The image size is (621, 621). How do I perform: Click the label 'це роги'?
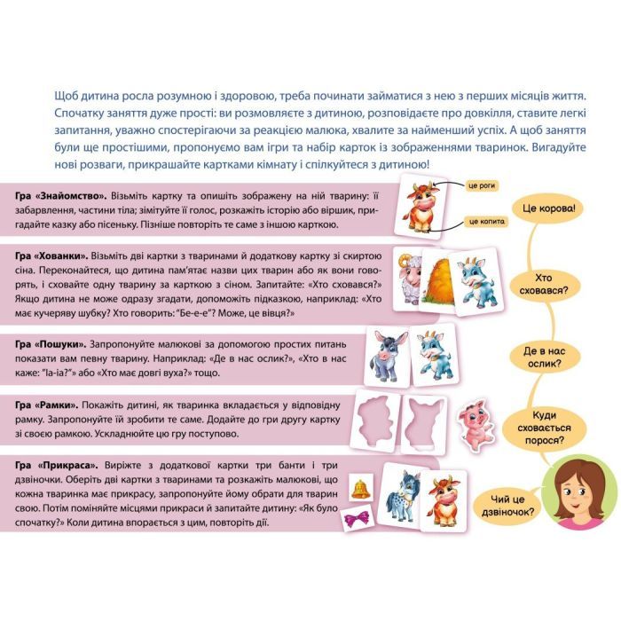[482, 185]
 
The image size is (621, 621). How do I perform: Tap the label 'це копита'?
[486, 222]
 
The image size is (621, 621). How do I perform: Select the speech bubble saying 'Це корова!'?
[547, 208]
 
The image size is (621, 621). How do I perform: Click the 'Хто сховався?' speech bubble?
[543, 284]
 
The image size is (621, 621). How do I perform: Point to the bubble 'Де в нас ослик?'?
[544, 358]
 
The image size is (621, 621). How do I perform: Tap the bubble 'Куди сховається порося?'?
[544, 428]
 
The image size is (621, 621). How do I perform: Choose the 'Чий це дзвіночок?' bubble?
[507, 506]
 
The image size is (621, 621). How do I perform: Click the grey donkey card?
[387, 356]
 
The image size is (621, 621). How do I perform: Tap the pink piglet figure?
[475, 421]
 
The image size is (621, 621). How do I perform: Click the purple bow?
[356, 518]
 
